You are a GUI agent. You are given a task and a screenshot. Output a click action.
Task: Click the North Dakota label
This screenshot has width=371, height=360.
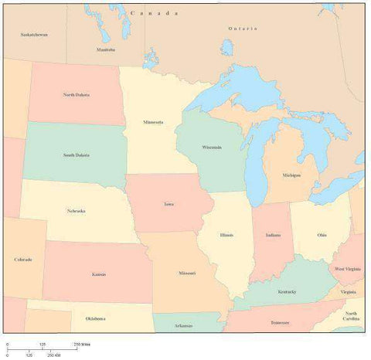[76, 95]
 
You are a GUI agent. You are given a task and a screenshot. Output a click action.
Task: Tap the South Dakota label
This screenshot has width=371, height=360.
[76, 155]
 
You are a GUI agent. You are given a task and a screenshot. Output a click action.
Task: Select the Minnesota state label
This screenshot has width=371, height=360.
[152, 122]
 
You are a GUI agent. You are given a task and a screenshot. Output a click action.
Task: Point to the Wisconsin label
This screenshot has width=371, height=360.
[211, 147]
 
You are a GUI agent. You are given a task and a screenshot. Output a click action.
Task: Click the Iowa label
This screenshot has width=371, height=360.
[168, 205]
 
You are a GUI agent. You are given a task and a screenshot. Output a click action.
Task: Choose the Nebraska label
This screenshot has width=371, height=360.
[76, 210]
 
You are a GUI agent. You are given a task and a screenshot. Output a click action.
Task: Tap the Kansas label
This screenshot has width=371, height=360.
[99, 274]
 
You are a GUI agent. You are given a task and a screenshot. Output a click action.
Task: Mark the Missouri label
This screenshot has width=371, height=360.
[186, 273]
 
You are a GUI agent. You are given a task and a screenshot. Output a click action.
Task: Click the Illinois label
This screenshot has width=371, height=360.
[226, 235]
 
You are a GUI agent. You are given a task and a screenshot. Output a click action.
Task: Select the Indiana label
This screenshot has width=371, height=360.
[272, 235]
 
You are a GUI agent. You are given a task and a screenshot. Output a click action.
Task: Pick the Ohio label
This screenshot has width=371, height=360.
[321, 235]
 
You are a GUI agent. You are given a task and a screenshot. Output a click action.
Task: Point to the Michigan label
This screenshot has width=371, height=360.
[291, 175]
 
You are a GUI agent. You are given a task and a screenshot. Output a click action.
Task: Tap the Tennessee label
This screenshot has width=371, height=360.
[280, 322]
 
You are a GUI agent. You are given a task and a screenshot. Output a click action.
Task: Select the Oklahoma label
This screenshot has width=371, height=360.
[95, 318]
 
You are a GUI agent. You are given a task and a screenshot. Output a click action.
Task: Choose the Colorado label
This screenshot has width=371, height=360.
[23, 260]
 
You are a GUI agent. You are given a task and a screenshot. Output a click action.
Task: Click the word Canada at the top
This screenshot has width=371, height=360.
[155, 14]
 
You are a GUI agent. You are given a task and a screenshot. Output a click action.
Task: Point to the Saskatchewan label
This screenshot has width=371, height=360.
[33, 35]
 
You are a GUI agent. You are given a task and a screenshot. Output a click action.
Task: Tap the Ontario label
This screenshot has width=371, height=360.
[242, 29]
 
